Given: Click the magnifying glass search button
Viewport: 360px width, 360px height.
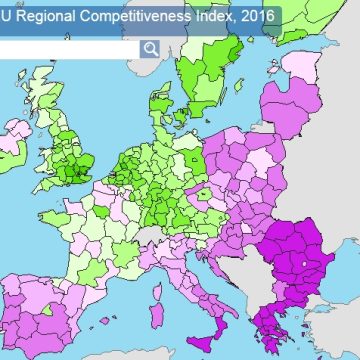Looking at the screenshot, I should point(150,49).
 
